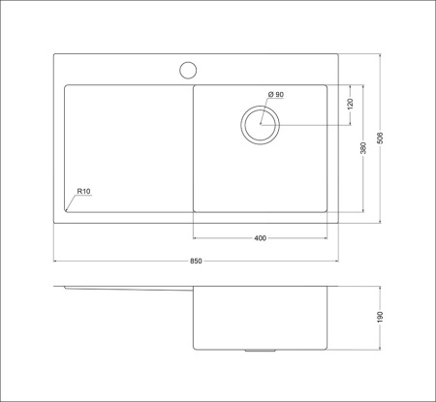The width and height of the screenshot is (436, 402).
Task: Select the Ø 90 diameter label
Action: pyautogui.click(x=275, y=95)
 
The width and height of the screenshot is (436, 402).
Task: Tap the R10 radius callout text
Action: pyautogui.click(x=82, y=192)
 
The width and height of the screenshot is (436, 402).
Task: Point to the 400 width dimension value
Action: pyautogui.click(x=260, y=238)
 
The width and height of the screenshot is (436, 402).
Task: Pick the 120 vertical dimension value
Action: pyautogui.click(x=350, y=105)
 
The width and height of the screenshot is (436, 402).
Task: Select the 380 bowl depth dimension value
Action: pyautogui.click(x=363, y=148)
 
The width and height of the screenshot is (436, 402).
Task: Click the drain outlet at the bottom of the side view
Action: pyautogui.click(x=260, y=350)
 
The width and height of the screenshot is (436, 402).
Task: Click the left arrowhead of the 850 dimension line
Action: pyautogui.click(x=55, y=261)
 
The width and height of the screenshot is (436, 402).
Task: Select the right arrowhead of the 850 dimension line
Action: pyautogui.click(x=336, y=261)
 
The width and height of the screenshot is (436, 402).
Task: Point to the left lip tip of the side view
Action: pyautogui.click(x=55, y=288)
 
